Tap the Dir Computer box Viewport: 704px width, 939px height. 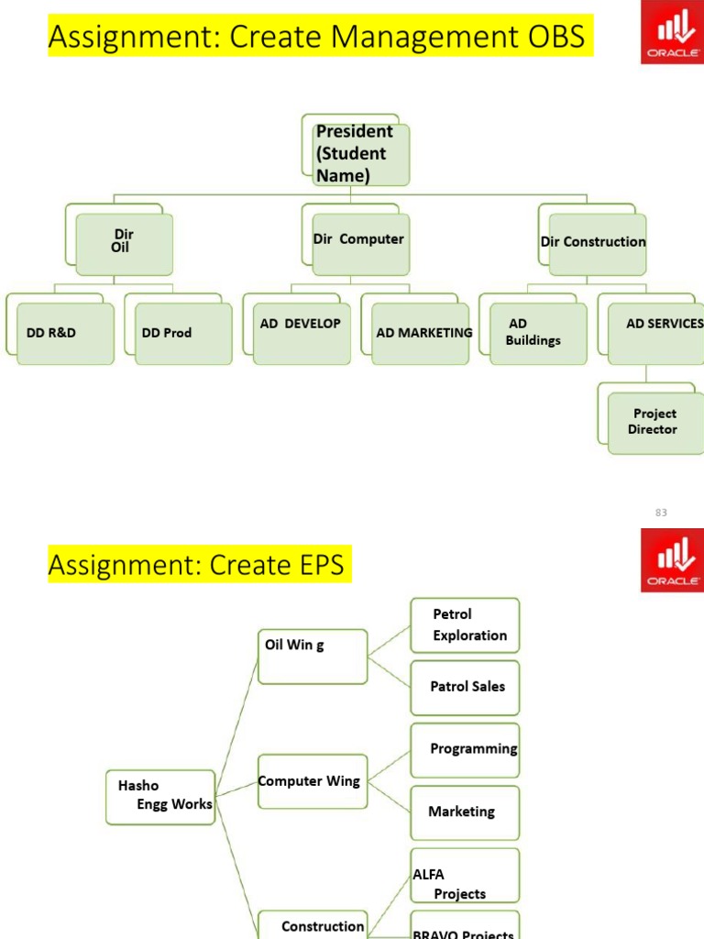pos(359,242)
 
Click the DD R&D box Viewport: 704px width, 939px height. pos(64,333)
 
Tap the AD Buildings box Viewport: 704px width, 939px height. pos(537,333)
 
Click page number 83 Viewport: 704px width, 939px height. pos(661,513)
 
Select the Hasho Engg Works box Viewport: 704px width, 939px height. pos(160,796)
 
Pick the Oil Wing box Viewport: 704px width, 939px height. pos(312,656)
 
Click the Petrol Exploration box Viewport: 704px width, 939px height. pos(465,625)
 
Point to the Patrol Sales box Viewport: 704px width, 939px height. pos(465,687)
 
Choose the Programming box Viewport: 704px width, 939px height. pos(465,750)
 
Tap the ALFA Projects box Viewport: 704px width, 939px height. pos(465,875)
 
